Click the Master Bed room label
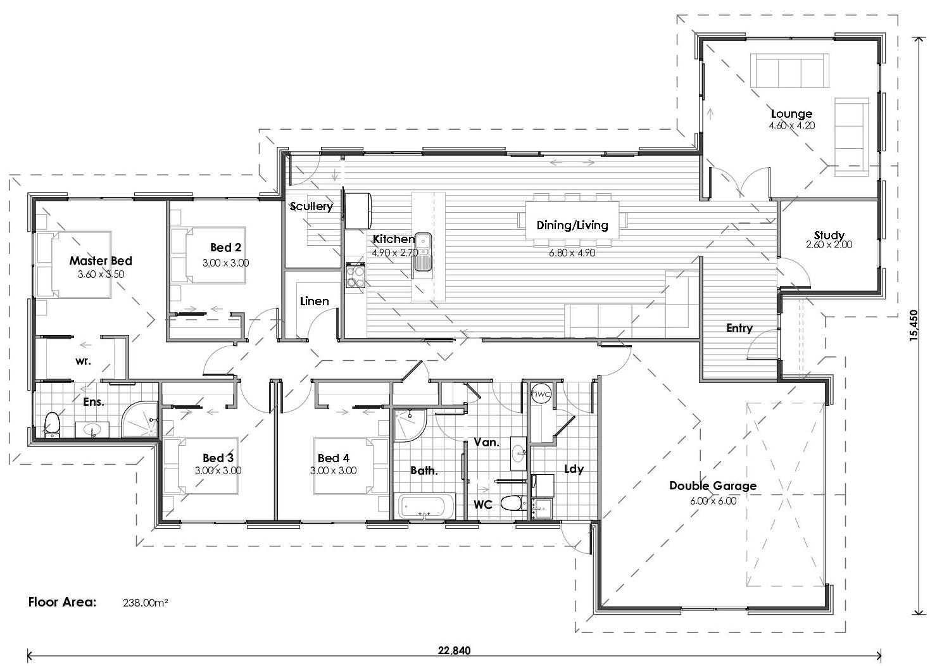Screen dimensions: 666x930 tap(101, 261)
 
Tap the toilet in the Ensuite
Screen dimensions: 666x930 tap(53, 424)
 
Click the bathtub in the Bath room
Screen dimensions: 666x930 tap(425, 507)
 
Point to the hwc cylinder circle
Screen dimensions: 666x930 tap(541, 393)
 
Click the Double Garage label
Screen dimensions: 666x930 tap(712, 486)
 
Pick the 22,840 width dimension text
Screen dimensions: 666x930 tap(454, 650)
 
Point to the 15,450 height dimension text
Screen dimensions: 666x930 tap(913, 325)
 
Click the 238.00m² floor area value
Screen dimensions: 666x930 tap(145, 603)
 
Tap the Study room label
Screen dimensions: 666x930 tap(829, 236)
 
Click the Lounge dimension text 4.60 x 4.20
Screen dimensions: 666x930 tap(791, 125)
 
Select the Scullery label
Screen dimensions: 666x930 tap(311, 206)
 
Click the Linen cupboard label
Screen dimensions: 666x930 tap(314, 301)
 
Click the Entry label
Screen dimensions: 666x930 tap(739, 328)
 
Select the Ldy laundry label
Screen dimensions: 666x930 tap(574, 469)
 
